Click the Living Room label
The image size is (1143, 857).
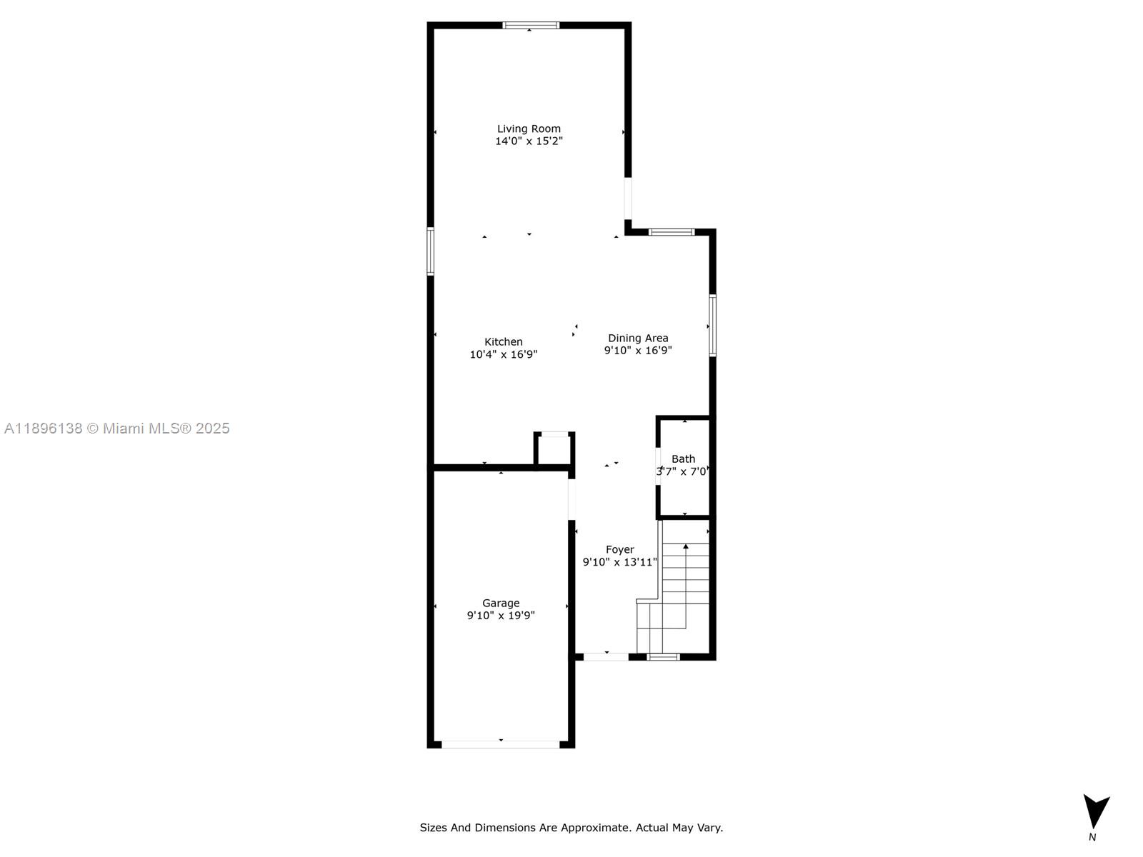pyautogui.click(x=529, y=129)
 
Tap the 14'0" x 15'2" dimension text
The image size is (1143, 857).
pyautogui.click(x=529, y=141)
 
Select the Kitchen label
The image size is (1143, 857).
pyautogui.click(x=504, y=341)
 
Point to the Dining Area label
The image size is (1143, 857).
pyautogui.click(x=638, y=338)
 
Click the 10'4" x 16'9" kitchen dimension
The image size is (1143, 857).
pyautogui.click(x=503, y=354)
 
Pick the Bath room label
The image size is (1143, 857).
pyautogui.click(x=683, y=458)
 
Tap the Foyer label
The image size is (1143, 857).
pyautogui.click(x=619, y=549)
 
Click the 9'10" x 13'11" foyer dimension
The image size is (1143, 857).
pyautogui.click(x=619, y=562)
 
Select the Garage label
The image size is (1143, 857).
pyautogui.click(x=501, y=603)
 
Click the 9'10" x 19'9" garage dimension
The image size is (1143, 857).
pyautogui.click(x=501, y=616)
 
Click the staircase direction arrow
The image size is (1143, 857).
pyautogui.click(x=686, y=547)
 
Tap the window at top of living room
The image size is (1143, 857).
pyautogui.click(x=531, y=25)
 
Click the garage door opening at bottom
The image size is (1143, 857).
pyautogui.click(x=500, y=744)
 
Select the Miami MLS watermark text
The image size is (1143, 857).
pyautogui.click(x=116, y=428)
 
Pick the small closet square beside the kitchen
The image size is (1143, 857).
pyautogui.click(x=554, y=451)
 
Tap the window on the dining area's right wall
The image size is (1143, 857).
pyautogui.click(x=712, y=325)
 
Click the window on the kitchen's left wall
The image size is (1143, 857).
pyautogui.click(x=431, y=251)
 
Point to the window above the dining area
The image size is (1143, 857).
pyautogui.click(x=672, y=231)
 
